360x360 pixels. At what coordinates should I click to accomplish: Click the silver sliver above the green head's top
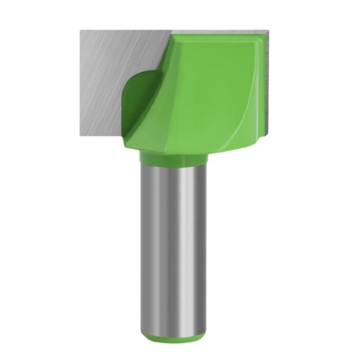click(x=216, y=30)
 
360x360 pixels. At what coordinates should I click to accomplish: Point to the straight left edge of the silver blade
click(x=81, y=82)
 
